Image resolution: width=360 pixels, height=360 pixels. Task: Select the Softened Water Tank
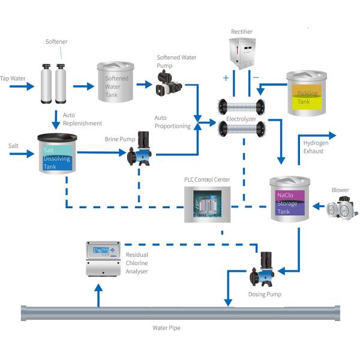(x=115, y=85)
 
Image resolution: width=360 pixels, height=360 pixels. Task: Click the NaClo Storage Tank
(x=290, y=199)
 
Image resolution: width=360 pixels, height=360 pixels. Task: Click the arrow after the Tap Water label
(x=24, y=86)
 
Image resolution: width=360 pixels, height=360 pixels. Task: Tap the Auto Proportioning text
(x=172, y=122)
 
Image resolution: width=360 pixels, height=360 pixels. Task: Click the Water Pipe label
(x=166, y=328)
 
